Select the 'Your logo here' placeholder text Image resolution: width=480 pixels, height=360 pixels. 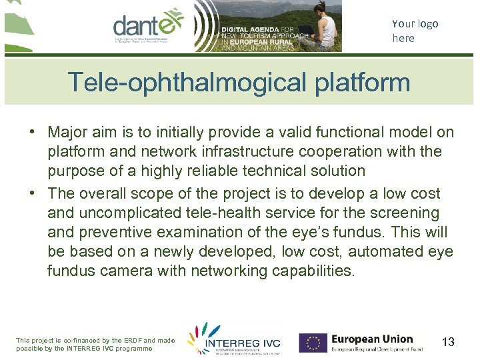415,31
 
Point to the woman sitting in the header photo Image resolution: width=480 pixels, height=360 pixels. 326,30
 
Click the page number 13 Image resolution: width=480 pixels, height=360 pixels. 448,342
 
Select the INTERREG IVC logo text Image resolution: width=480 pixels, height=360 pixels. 243,344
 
